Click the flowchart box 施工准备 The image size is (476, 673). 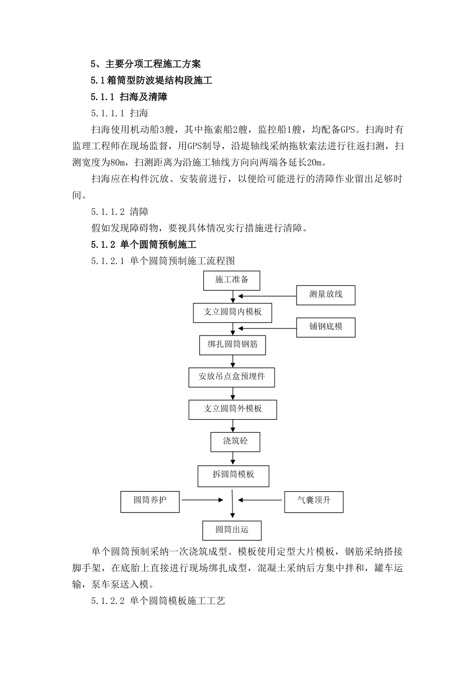tap(231, 280)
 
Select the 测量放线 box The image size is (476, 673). tap(326, 295)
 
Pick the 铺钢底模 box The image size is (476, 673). tap(326, 327)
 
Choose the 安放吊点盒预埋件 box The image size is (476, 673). tap(232, 377)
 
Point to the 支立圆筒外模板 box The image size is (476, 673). tap(232, 409)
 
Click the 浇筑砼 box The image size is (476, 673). tap(235, 442)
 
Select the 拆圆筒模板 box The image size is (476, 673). tap(233, 475)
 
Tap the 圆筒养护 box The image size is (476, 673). tap(150, 501)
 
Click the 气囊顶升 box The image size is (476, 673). tap(314, 501)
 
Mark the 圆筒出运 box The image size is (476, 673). tap(231, 530)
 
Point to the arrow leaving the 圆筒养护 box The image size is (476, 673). tap(201, 499)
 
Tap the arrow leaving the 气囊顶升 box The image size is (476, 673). tap(261, 500)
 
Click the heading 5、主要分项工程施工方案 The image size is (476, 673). tap(145, 64)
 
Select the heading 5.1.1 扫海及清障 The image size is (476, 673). tap(129, 97)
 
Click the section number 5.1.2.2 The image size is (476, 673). tap(107, 601)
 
